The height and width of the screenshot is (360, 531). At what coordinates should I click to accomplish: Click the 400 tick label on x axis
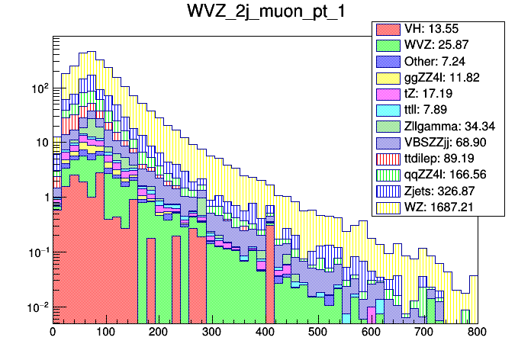coord(265,333)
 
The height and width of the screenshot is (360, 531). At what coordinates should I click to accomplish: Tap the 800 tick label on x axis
coord(477,333)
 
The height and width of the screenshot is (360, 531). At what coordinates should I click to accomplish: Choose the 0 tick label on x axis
coord(53,333)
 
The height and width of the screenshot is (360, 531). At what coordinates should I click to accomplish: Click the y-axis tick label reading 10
coord(41,143)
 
